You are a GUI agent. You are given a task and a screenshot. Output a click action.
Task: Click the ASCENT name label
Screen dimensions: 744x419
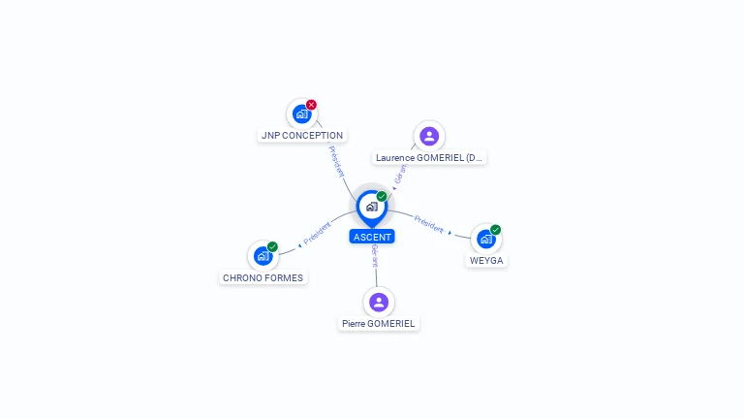coord(372,237)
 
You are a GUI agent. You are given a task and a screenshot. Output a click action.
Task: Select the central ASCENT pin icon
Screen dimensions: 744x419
coord(372,208)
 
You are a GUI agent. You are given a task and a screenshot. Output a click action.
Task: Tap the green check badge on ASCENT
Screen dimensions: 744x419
coord(382,196)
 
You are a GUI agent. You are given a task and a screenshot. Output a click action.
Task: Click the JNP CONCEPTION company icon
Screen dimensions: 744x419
coord(302,114)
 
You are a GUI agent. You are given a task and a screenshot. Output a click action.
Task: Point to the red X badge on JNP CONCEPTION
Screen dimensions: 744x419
coord(311,105)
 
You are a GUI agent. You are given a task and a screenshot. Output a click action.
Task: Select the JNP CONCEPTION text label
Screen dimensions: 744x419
coord(302,136)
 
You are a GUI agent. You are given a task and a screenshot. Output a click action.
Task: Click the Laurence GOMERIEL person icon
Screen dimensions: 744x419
coord(429,137)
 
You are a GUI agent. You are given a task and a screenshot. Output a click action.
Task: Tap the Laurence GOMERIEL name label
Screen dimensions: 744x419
coord(429,158)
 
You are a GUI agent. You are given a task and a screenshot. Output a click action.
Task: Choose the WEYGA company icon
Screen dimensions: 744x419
coord(486,239)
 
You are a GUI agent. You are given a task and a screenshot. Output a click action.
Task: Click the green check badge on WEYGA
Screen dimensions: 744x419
coord(495,230)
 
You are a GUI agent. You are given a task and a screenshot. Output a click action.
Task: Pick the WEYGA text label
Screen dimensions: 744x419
coord(486,260)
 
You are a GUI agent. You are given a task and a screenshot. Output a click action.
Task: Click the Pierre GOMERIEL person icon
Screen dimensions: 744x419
coord(379,303)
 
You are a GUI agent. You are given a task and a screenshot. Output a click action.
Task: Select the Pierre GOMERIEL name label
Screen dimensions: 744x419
coord(379,324)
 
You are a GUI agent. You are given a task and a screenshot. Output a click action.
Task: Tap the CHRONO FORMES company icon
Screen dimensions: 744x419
coord(263,256)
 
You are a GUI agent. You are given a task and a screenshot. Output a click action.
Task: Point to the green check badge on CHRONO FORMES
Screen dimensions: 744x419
coord(272,246)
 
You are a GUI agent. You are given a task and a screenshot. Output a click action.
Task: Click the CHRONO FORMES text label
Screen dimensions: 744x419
coord(263,278)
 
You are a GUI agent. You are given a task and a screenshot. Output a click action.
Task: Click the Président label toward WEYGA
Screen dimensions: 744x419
coord(428,224)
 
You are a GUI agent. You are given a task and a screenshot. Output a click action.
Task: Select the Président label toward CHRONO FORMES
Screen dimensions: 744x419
coord(317,233)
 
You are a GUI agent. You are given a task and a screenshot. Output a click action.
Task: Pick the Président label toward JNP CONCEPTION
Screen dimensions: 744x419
coord(336,162)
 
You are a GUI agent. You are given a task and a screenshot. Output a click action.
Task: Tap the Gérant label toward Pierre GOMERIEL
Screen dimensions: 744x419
coord(375,256)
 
